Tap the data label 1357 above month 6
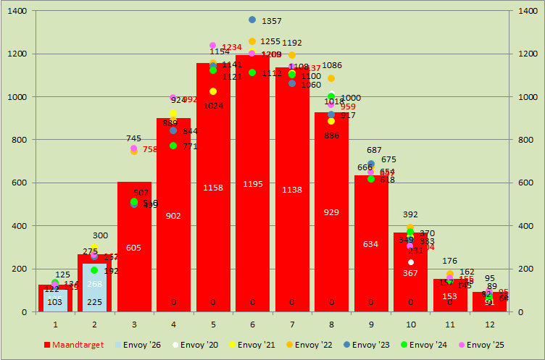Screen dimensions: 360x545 pyautogui.click(x=272, y=22)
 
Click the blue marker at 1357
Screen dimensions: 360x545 pyautogui.click(x=252, y=20)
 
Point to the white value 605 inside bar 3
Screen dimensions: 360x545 pyautogui.click(x=133, y=248)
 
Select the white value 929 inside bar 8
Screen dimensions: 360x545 pyautogui.click(x=331, y=212)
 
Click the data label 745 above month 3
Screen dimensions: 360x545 pyautogui.click(x=133, y=138)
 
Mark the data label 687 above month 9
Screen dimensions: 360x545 pyautogui.click(x=374, y=151)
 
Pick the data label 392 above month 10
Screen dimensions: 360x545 pyautogui.click(x=411, y=214)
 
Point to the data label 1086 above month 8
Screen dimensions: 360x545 pyautogui.click(x=332, y=66)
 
